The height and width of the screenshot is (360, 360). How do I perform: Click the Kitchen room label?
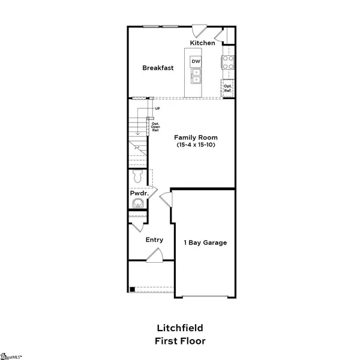pos(202,43)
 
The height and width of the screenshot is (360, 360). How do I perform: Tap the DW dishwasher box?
pos(196,62)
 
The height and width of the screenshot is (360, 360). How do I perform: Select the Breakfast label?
pos(158,68)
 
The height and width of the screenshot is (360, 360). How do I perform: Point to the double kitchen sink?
pos(196,76)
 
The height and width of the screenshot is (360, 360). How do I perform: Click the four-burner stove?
pos(229,62)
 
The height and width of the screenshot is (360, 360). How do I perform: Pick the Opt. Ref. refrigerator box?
pos(227,88)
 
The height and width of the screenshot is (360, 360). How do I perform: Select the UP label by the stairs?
pos(158,109)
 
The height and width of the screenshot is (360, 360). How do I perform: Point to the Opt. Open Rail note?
pos(155,127)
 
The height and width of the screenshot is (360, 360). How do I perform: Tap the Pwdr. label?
pos(139,194)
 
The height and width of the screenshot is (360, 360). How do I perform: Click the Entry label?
pos(154,240)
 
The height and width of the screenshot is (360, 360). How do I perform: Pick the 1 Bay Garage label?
pos(205,242)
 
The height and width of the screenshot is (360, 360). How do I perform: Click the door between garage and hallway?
pos(166,197)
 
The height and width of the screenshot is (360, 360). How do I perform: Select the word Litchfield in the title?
pos(179,328)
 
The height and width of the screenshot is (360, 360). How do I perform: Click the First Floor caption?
pos(179,341)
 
